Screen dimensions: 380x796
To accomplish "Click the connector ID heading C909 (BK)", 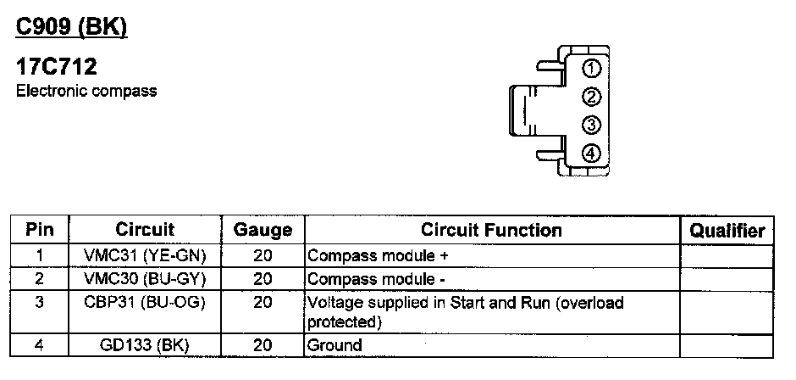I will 72,27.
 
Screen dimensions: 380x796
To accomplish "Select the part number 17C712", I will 57,67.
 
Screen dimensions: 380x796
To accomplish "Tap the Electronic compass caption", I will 86,91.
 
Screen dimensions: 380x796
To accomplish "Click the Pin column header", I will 40,230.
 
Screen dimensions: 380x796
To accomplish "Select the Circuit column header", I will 145,230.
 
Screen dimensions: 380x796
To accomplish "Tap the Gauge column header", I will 263,230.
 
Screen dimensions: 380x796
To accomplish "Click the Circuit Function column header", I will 491,230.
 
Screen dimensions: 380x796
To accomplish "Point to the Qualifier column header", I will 727,230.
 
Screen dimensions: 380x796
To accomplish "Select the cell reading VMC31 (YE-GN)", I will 145,254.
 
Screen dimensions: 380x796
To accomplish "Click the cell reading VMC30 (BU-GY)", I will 145,278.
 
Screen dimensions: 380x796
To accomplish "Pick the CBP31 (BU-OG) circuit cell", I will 145,302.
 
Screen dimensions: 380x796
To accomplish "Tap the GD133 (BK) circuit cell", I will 145,344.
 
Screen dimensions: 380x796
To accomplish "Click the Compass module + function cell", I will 377,254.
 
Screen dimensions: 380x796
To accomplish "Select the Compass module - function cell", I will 375,278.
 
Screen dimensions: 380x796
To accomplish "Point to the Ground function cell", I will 334,344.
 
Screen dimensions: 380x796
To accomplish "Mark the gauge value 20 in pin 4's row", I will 263,344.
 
